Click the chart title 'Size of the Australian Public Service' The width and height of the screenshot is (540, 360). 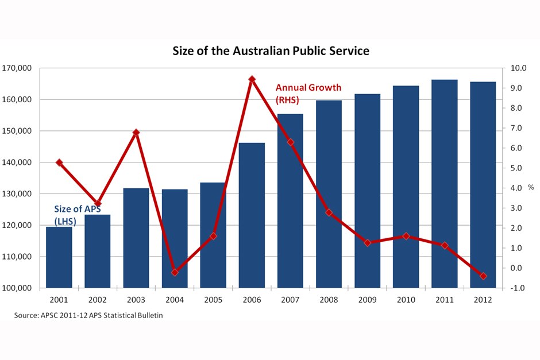tap(271, 51)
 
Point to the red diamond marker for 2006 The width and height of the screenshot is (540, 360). tap(252, 79)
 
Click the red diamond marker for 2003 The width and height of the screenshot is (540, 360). tap(136, 133)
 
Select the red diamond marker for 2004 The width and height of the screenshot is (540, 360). tap(175, 272)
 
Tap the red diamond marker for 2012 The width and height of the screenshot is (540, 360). tap(483, 276)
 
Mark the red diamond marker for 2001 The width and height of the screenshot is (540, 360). tap(59, 162)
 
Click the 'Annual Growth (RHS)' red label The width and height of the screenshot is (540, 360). tap(308, 94)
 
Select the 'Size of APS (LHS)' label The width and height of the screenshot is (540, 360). tap(76, 215)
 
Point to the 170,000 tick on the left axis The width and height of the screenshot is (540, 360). tap(18, 68)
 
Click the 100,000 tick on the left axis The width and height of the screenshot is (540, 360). tap(18, 288)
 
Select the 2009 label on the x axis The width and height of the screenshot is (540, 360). tap(367, 299)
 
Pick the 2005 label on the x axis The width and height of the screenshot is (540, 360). tap(213, 299)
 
